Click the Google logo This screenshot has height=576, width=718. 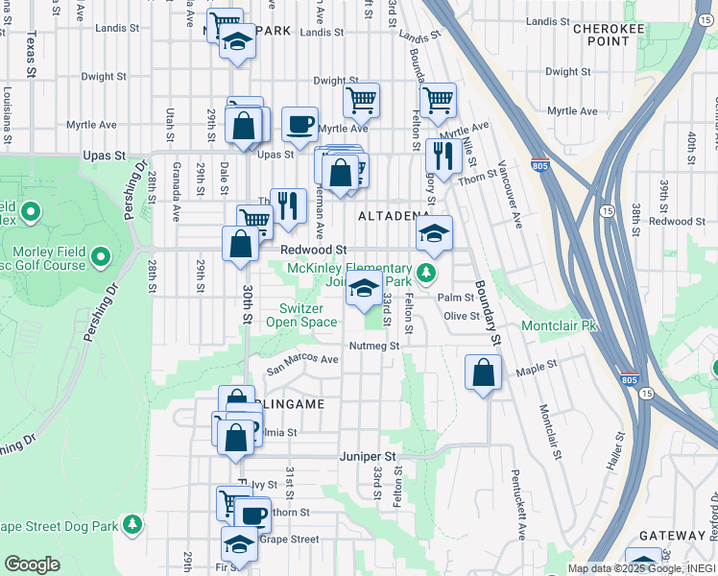pos(32,564)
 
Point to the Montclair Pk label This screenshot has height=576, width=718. pos(559,326)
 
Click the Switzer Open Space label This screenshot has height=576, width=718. pos(308,315)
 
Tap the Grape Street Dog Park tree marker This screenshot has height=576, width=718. pos(132,525)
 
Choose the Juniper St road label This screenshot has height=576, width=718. pos(368,457)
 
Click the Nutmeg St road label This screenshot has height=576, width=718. pos(373,346)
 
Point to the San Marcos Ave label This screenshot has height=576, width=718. pos(302,363)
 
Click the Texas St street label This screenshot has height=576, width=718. pos(32,55)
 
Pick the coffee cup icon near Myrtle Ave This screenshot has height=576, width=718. pos(299,123)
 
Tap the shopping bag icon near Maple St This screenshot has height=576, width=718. pos(483,372)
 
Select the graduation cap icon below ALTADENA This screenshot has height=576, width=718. pos(434,233)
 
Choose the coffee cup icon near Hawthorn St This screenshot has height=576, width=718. pos(253,515)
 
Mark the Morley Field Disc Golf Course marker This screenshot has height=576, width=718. pos(100,258)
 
